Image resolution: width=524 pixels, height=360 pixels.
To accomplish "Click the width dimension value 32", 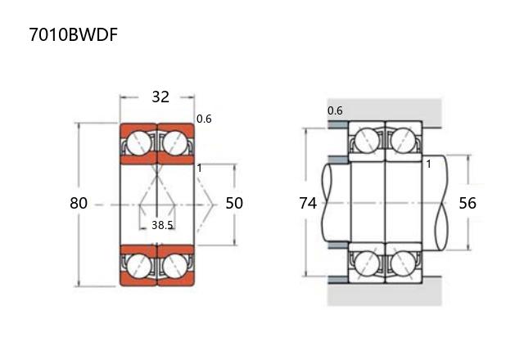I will pos(160,97).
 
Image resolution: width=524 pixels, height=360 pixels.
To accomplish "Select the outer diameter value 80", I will pos(79,203).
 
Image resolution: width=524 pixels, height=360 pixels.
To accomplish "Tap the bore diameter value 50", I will pos(234,203).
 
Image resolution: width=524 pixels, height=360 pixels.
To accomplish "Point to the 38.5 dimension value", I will pos(162,224).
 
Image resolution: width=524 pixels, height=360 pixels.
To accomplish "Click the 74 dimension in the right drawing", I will pos(307,203).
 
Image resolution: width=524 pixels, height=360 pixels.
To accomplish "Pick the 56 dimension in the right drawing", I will pos(468,203).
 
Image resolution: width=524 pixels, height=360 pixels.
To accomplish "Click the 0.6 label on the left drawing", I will pos(204,119).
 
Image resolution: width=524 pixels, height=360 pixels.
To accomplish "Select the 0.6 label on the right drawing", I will pos(335,110).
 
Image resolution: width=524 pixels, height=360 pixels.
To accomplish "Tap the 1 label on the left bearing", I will pos(199,168).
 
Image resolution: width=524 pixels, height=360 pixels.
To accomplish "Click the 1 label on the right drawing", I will pos(428,164).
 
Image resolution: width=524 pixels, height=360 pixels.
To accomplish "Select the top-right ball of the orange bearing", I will pos(175,142).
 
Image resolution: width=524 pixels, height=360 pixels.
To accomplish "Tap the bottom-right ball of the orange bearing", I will pos(175,265).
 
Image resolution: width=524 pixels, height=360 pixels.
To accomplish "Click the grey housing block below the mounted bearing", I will pos(385,295).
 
